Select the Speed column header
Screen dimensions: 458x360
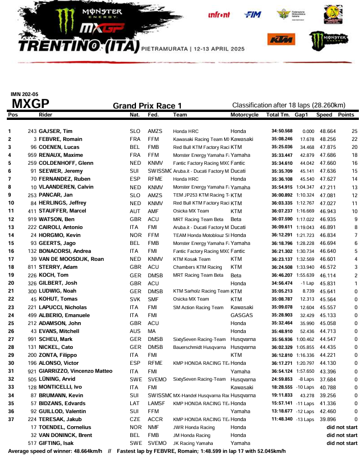click(x=324, y=115)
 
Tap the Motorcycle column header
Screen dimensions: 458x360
click(x=244, y=115)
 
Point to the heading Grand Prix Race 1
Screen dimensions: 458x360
click(x=147, y=106)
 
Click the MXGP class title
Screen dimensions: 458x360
click(x=30, y=103)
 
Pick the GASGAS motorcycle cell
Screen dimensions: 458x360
click(x=240, y=314)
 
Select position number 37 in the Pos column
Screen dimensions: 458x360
click(x=10, y=418)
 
